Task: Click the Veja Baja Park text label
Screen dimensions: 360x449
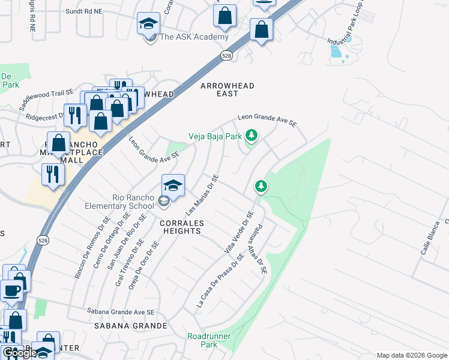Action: click(215, 136)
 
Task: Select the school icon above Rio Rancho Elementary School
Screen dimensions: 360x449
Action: click(173, 186)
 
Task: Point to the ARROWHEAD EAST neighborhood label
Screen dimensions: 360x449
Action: click(228, 90)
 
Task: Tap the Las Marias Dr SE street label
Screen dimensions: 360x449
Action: click(202, 195)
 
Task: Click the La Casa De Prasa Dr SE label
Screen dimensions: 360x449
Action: click(220, 281)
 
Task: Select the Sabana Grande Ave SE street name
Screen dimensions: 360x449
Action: click(121, 311)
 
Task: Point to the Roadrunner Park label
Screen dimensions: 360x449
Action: click(209, 340)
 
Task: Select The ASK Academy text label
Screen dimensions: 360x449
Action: click(185, 37)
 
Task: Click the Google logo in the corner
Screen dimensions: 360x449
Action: click(19, 353)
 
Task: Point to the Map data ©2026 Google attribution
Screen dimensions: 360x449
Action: click(411, 355)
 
